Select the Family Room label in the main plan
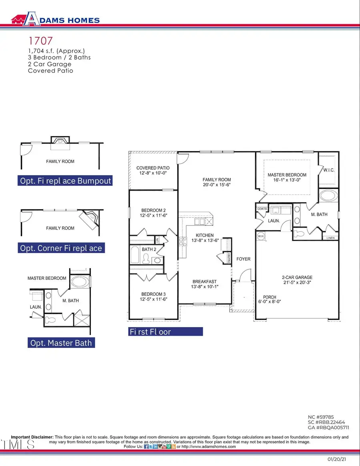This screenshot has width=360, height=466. point(216,180)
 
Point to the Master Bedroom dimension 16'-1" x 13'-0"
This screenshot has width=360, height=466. point(287,181)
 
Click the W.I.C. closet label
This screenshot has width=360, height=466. point(328,171)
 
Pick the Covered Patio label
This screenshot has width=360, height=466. point(153,168)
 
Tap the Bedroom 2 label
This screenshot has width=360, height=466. point(153,210)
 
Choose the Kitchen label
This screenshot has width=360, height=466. point(204,235)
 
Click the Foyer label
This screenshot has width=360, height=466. point(243,259)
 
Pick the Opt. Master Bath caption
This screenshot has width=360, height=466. point(61,343)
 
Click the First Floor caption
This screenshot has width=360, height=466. point(150,332)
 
